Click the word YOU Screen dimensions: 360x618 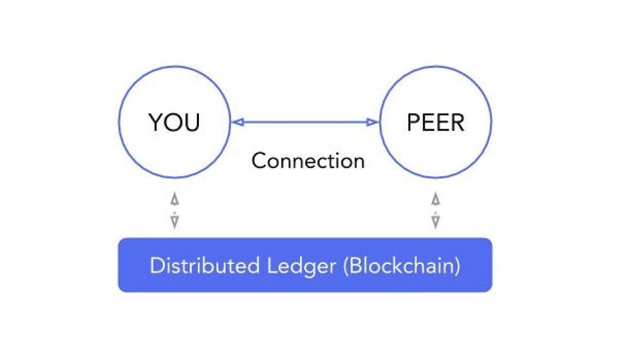pyautogui.click(x=174, y=122)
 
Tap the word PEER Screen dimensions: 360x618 pyautogui.click(x=435, y=122)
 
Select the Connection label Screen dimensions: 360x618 pyautogui.click(x=308, y=160)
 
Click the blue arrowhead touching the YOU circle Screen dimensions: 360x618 pyautogui.click(x=236, y=122)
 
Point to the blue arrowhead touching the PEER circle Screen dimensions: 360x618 pyautogui.click(x=373, y=122)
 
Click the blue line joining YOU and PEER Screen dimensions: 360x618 pyautogui.click(x=304, y=122)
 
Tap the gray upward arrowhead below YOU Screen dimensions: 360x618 pyautogui.click(x=174, y=199)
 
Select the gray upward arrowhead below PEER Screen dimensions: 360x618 pyautogui.click(x=436, y=199)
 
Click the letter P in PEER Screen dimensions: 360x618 pyautogui.click(x=414, y=122)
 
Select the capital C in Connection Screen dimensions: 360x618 pyautogui.click(x=259, y=160)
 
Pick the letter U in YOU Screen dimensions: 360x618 pyautogui.click(x=192, y=122)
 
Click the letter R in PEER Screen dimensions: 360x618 pyautogui.click(x=456, y=122)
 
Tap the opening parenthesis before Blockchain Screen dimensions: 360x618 pyautogui.click(x=346, y=266)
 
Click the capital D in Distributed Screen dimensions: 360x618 pyautogui.click(x=156, y=265)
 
